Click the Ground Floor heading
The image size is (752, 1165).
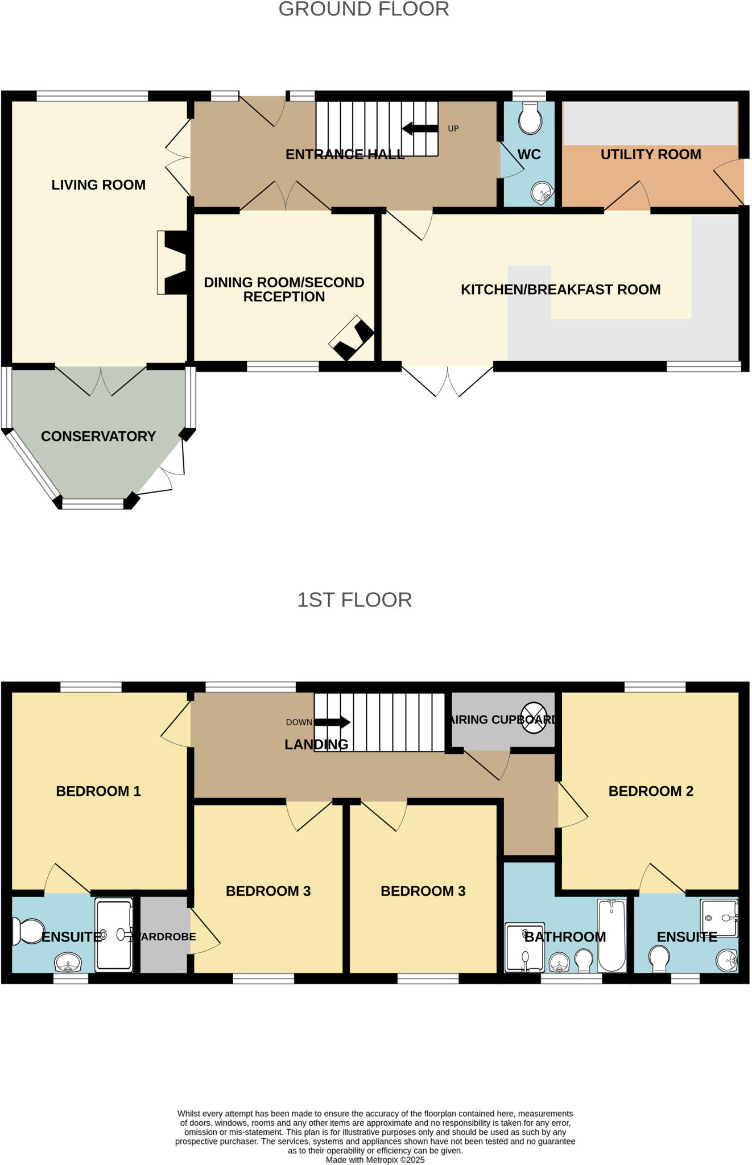click(363, 9)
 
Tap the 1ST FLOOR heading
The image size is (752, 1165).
click(354, 600)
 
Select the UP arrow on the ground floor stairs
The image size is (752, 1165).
click(420, 129)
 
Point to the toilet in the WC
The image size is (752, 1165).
click(530, 118)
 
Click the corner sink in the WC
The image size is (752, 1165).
click(542, 193)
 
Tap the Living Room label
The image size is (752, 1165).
click(98, 185)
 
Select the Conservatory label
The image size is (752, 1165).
click(98, 436)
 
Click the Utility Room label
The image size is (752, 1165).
click(651, 154)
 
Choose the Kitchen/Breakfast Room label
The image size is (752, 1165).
click(560, 290)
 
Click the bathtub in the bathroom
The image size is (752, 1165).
click(611, 935)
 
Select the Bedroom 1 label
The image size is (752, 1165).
click(98, 791)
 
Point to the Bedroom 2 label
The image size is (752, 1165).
click(651, 791)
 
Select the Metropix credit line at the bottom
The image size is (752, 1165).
click(375, 1159)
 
